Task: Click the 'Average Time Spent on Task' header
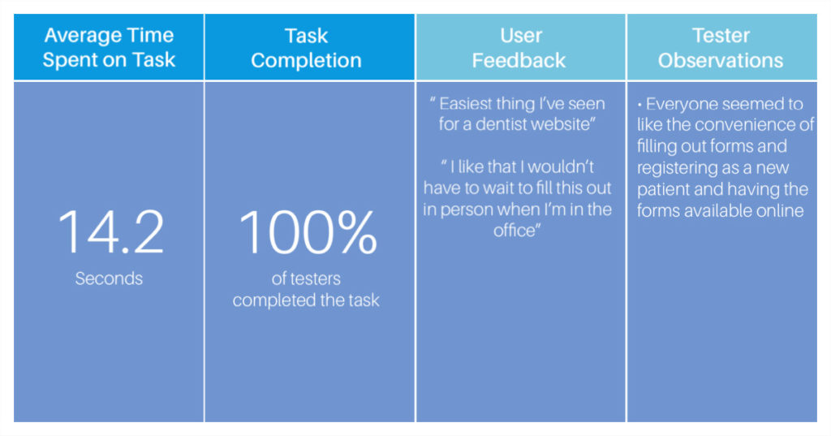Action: [109, 47]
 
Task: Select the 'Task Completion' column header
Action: [306, 48]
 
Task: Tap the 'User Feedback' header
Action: [519, 48]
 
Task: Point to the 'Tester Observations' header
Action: [721, 48]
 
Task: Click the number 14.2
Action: [110, 232]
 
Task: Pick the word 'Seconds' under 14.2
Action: [109, 278]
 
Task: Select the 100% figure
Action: [308, 232]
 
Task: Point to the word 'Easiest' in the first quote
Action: [465, 103]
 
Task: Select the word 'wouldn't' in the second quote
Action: [561, 167]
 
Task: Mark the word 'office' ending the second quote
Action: [514, 231]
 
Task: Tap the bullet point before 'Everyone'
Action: [639, 105]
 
